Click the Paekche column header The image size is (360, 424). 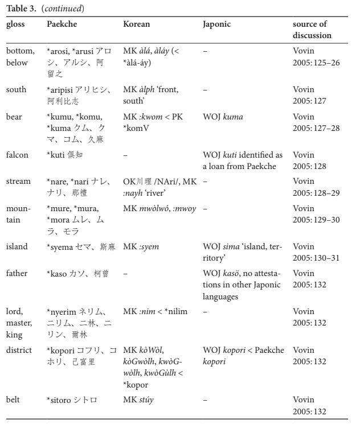click(x=62, y=24)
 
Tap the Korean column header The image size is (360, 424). click(x=137, y=24)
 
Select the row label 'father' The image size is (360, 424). click(x=17, y=273)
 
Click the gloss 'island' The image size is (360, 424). click(x=17, y=246)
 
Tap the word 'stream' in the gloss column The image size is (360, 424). click(x=18, y=182)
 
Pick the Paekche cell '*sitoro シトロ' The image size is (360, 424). click(x=72, y=400)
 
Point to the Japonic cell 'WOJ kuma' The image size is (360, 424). click(x=223, y=117)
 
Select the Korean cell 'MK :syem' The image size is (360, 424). click(x=141, y=246)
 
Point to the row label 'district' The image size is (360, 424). click(x=19, y=350)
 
